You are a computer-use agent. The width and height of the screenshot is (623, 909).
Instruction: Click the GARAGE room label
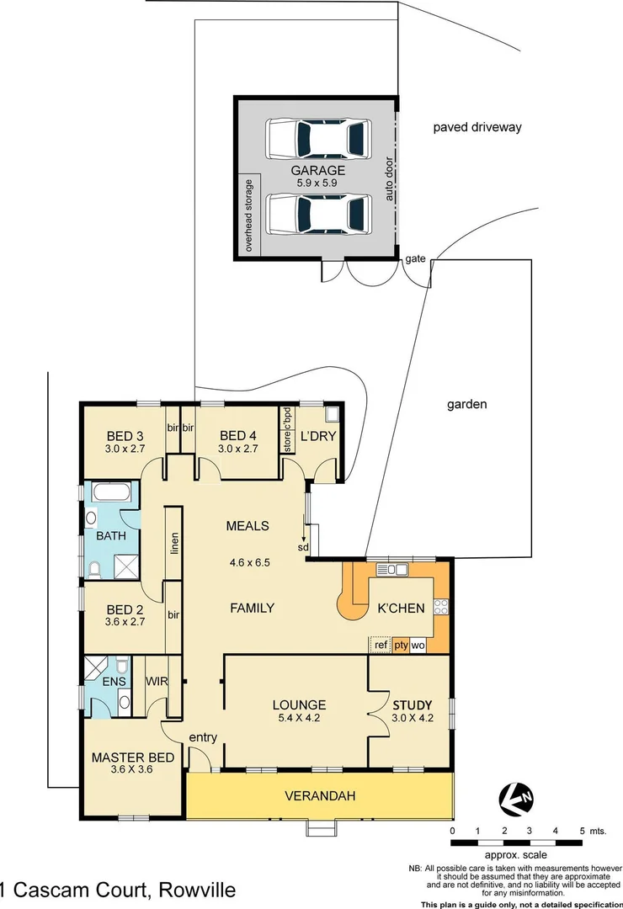coord(318,170)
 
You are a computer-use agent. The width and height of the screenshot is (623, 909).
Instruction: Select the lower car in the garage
coord(318,213)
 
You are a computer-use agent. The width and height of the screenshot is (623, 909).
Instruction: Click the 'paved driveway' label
coord(477,128)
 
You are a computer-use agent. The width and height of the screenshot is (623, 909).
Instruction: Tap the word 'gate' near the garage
coord(416,258)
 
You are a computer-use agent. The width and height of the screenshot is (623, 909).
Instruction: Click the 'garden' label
coord(466,404)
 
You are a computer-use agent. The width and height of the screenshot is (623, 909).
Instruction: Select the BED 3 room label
coord(125,435)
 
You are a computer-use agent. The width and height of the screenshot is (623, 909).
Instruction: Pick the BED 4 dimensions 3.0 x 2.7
coord(237,449)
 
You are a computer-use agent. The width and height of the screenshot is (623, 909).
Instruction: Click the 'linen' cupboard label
coord(174,544)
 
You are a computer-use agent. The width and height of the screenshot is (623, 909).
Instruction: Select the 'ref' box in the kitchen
coord(381,646)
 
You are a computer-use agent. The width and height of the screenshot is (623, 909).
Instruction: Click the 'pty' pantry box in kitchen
coord(401,646)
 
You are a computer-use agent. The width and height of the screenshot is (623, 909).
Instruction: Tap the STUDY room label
coord(412,704)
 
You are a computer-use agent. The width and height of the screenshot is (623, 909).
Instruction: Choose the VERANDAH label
coord(320,795)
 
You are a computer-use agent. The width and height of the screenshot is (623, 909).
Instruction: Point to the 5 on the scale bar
coord(581,831)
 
